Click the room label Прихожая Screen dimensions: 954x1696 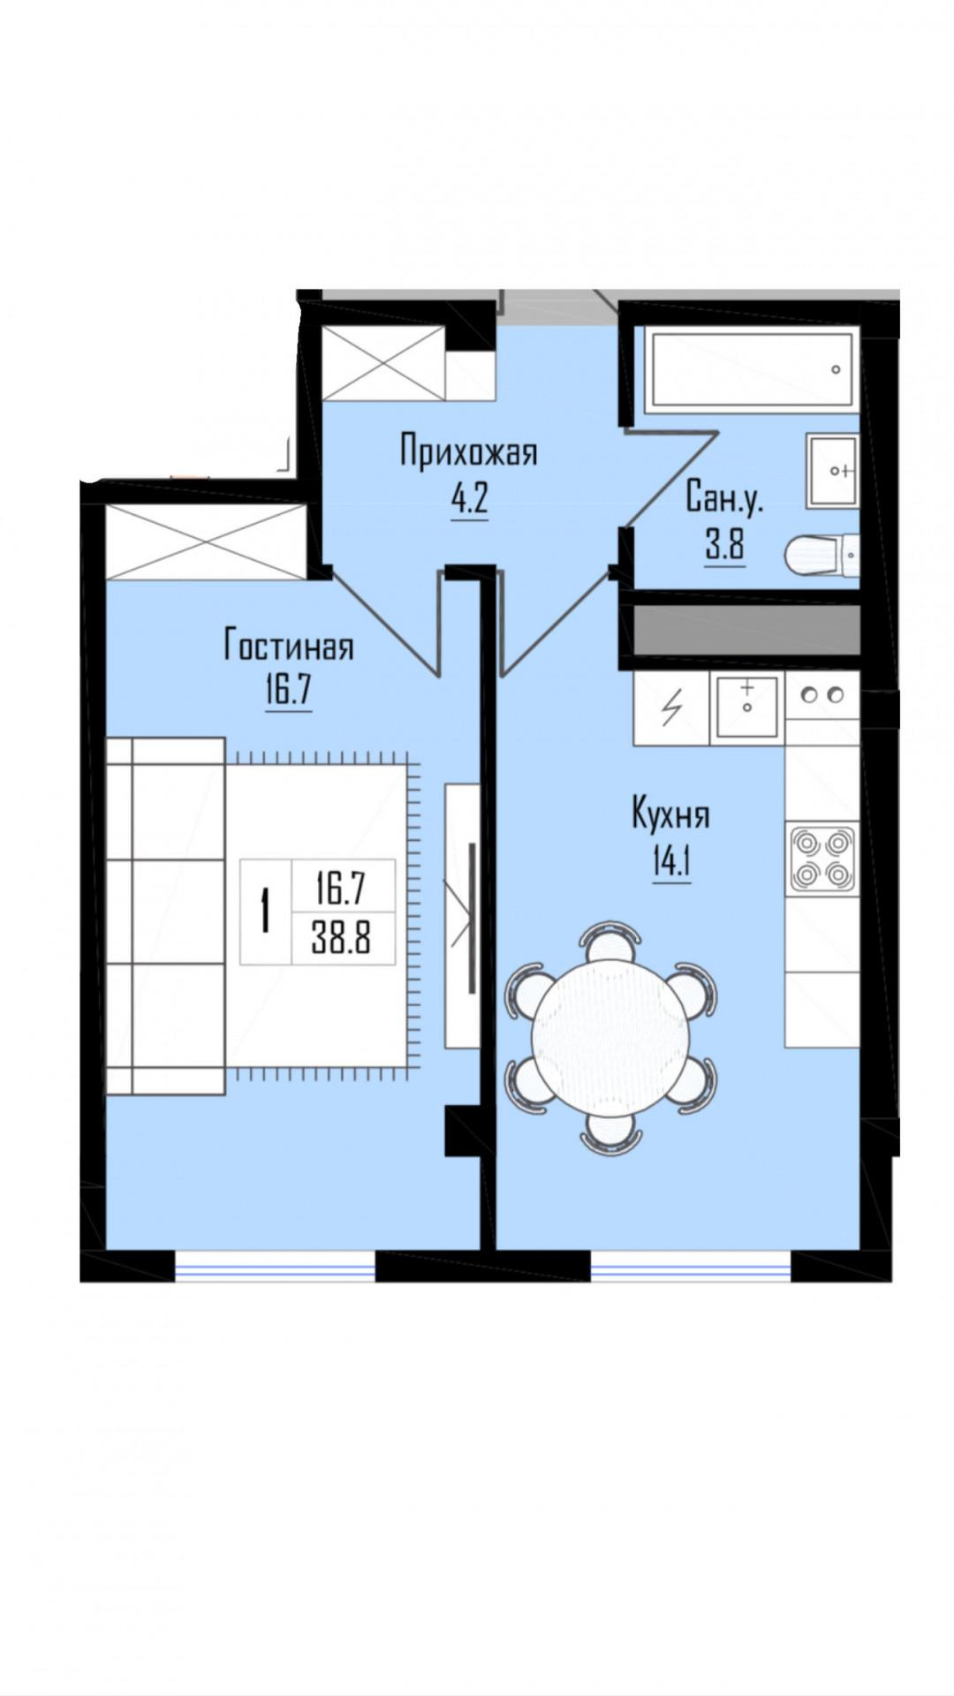pyautogui.click(x=468, y=453)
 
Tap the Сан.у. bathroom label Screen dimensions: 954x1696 pyautogui.click(x=724, y=500)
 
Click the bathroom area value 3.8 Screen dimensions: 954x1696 pyautogui.click(x=724, y=547)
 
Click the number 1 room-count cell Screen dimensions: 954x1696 pyautogui.click(x=264, y=912)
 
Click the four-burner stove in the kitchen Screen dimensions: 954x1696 pyautogui.click(x=822, y=856)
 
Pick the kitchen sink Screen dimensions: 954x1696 pyautogui.click(x=746, y=706)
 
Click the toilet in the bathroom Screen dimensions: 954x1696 pyautogui.click(x=821, y=555)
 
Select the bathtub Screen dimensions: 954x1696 pyautogui.click(x=750, y=370)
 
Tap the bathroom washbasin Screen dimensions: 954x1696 pyautogui.click(x=832, y=470)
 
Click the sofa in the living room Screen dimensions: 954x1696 pyautogui.click(x=165, y=915)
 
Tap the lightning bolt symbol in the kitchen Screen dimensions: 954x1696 pyautogui.click(x=672, y=706)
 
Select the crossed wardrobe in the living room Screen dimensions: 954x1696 pyautogui.click(x=207, y=541)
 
